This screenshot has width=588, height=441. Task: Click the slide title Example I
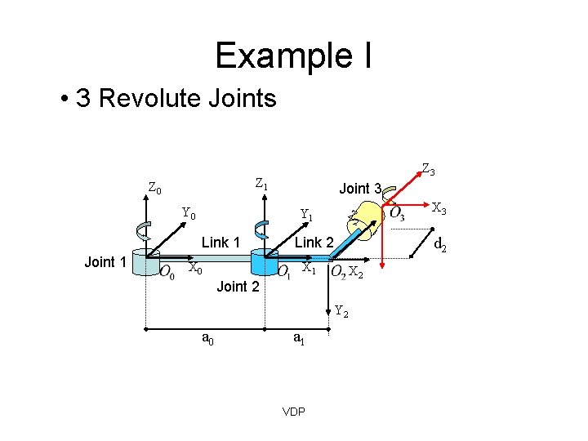294,56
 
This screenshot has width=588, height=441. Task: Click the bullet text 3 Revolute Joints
176,100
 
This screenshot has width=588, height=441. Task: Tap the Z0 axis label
154,189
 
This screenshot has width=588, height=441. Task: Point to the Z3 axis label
428,170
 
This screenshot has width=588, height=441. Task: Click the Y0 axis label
189,215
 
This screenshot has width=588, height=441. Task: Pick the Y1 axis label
307,216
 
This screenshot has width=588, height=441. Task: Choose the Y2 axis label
343,310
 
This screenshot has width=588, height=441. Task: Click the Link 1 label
220,243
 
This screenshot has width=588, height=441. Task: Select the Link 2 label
314,243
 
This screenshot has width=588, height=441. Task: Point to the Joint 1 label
105,261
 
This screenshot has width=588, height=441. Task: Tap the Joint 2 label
238,287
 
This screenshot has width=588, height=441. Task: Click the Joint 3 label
360,189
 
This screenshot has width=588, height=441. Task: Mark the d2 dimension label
439,243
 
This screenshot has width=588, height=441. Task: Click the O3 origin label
397,215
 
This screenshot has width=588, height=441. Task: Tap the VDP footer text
293,412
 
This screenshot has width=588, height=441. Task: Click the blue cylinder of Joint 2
265,264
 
